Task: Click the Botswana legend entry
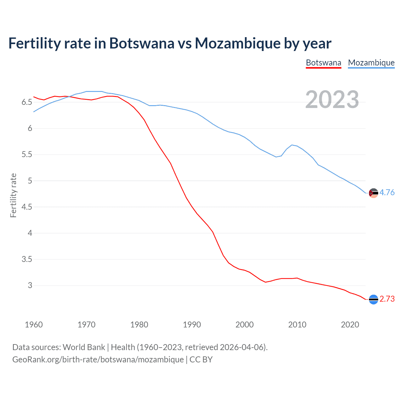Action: [323, 63]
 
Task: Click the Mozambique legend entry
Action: [371, 63]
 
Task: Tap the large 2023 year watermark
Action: [332, 99]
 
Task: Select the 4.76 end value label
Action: [387, 192]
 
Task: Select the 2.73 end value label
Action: [387, 299]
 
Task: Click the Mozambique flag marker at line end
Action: [373, 193]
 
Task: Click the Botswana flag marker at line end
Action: [373, 299]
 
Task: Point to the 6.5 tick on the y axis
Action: [27, 102]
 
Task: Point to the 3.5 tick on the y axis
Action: [27, 259]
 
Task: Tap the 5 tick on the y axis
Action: [30, 181]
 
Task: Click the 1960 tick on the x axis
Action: [34, 325]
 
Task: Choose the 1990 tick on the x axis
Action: [192, 325]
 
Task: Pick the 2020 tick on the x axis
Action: [350, 325]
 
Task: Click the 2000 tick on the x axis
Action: [244, 325]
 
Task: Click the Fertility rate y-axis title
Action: [13, 195]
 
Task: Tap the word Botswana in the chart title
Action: [142, 43]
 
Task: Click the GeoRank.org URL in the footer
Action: [98, 359]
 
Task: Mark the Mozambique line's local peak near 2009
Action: [292, 145]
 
